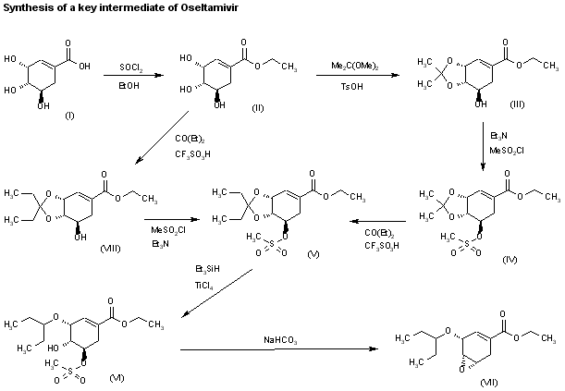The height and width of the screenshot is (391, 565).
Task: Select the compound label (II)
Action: pyautogui.click(x=257, y=109)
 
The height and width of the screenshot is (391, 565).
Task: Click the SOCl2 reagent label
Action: pyautogui.click(x=129, y=67)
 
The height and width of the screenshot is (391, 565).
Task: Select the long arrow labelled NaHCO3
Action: pyautogui.click(x=277, y=350)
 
